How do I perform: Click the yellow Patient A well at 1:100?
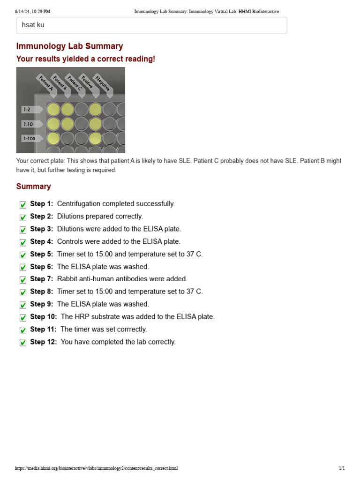[53, 138]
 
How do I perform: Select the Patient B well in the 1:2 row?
[67, 110]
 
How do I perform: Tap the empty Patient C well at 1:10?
[82, 124]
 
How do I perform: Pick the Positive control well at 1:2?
[96, 110]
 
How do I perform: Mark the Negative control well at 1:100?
[110, 138]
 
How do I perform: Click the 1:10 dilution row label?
[27, 124]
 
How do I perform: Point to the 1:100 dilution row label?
[29, 139]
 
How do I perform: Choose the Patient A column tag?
[45, 84]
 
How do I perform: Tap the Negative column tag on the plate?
[102, 83]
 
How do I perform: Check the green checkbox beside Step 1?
[23, 205]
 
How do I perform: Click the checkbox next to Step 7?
[23, 280]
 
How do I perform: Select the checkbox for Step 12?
[23, 343]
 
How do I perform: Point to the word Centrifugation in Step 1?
[79, 204]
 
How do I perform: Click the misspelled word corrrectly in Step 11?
[127, 330]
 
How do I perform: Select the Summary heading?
[33, 187]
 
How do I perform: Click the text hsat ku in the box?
[33, 25]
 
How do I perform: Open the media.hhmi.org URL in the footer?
[96, 468]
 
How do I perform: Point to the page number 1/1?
[342, 468]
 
